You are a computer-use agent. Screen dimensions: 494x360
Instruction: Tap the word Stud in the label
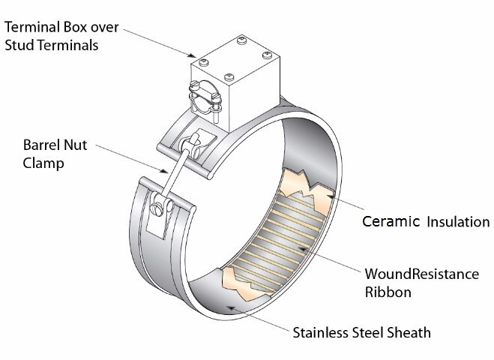pos(19,45)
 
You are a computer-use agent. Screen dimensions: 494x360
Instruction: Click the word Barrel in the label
pos(41,145)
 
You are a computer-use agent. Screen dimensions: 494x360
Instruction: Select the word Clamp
pos(43,163)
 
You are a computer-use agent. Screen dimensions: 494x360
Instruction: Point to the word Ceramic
pos(391,221)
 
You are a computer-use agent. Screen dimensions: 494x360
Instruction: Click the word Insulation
pos(459,221)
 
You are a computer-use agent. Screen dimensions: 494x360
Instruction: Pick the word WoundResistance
pos(422,274)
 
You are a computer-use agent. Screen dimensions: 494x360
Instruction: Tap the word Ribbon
pos(388,292)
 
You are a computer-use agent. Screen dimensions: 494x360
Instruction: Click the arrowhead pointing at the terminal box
pos(192,55)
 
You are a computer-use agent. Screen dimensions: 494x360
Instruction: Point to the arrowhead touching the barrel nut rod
pos(164,171)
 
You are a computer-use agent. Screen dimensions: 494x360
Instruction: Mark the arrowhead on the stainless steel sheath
pos(231,308)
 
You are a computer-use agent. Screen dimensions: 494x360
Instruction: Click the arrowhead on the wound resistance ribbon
pos(302,249)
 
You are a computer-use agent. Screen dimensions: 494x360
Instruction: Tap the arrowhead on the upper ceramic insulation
pos(330,196)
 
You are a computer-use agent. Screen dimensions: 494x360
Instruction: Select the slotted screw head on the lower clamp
pos(157,209)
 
